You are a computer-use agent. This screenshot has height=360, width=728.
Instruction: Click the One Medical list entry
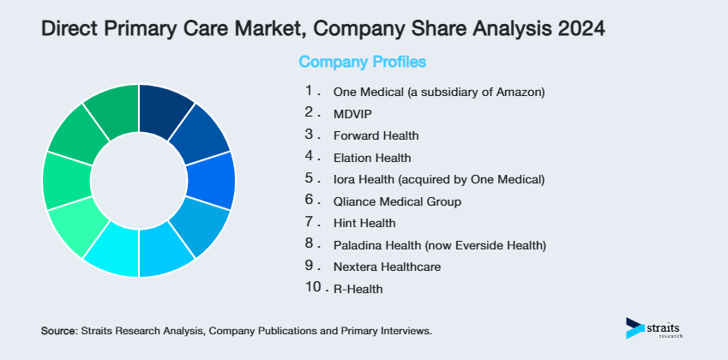point(438,91)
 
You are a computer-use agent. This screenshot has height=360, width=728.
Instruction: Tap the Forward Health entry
point(376,135)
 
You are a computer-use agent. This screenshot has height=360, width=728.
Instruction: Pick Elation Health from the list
point(372,158)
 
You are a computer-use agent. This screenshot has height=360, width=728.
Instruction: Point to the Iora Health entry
point(438,180)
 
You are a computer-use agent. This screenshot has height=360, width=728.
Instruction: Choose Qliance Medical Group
point(397,202)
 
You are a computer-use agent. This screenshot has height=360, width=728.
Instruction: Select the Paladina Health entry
point(439,246)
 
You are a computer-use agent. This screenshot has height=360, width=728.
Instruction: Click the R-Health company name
point(358,290)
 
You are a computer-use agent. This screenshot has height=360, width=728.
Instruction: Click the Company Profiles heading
point(362,62)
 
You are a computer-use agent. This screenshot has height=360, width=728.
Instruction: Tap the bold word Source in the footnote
point(58,330)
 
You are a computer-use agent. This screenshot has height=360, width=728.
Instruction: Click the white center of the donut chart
point(138,181)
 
